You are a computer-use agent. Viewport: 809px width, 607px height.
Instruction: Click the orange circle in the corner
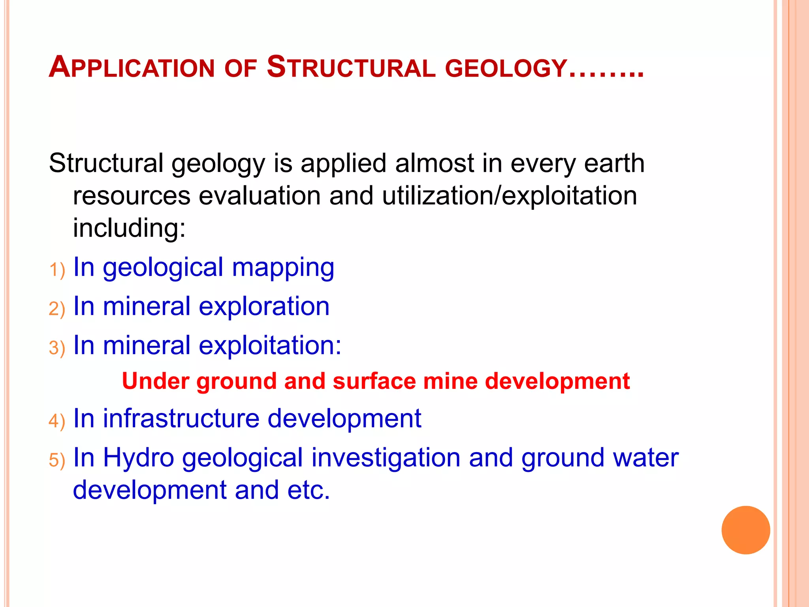tap(745, 530)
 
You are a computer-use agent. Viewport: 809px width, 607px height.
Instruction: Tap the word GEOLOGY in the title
tap(506, 68)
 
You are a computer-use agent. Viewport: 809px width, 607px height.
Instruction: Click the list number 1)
tap(57, 270)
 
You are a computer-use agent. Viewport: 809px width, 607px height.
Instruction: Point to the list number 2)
tap(57, 309)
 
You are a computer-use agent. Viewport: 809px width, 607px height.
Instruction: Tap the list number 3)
tap(57, 348)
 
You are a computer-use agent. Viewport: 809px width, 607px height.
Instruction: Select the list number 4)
tap(57, 421)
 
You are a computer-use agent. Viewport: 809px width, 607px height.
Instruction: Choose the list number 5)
tap(57, 460)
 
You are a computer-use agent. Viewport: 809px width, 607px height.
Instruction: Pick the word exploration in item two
tap(264, 306)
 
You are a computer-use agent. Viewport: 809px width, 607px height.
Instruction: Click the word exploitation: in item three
tap(270, 345)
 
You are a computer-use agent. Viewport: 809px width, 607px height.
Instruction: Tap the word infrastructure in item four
tap(181, 418)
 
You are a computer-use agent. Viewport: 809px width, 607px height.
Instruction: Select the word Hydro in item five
tap(138, 458)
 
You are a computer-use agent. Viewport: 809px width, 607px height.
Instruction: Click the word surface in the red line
tap(374, 381)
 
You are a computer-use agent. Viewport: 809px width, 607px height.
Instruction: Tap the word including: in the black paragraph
tap(129, 228)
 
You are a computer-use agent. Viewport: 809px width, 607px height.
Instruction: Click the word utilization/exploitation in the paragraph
tap(509, 196)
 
